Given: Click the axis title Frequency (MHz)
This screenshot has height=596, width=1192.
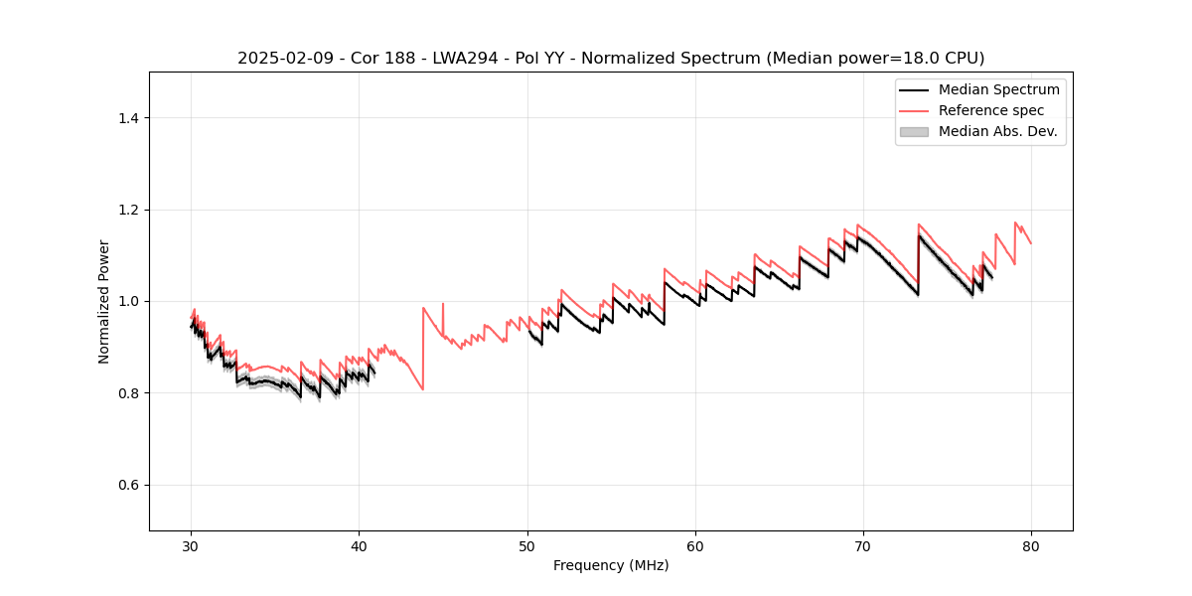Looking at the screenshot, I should (611, 565).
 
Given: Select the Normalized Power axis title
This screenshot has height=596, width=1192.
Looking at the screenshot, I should (104, 301).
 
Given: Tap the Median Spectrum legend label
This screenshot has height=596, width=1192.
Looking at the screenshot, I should (998, 89).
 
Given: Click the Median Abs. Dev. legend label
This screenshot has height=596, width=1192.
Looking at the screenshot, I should (997, 131).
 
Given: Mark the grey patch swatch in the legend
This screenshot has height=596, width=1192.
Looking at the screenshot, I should (914, 131).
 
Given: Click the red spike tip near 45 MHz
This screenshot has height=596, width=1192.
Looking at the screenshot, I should (443, 303).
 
